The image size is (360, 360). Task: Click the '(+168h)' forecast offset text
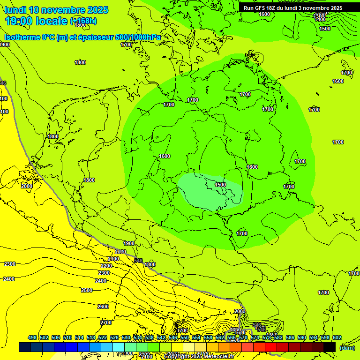pyautogui.click(x=83, y=21)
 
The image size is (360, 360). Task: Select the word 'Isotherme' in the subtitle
pyautogui.click(x=22, y=37)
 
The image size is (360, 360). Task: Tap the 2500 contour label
pyautogui.click(x=87, y=290)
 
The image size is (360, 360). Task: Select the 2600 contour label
pyautogui.click(x=103, y=307)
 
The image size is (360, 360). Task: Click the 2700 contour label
pyautogui.click(x=106, y=322)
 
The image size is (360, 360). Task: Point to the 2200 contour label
pyautogui.click(x=106, y=266)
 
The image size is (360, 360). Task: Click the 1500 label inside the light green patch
pyautogui.click(x=220, y=185)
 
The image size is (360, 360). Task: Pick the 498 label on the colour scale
pyautogui.click(x=32, y=337)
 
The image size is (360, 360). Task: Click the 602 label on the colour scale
pyautogui.click(x=337, y=337)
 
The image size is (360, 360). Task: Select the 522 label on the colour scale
pyautogui.click(x=103, y=337)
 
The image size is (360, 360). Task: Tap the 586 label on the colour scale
pyautogui.click(x=290, y=337)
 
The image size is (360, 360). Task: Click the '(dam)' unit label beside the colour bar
pyautogui.click(x=347, y=347)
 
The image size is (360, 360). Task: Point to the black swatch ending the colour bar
pyautogui.click(x=330, y=347)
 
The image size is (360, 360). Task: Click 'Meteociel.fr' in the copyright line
pyautogui.click(x=218, y=357)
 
